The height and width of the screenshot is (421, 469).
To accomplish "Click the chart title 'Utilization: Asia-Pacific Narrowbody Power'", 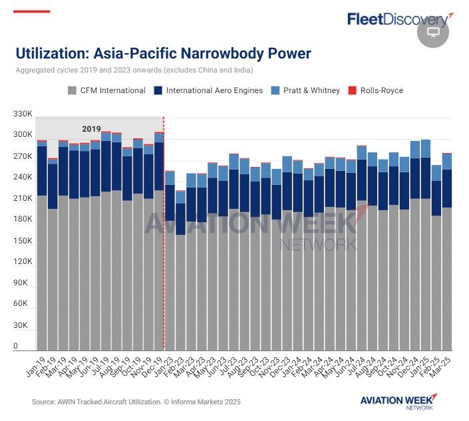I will [x=163, y=54].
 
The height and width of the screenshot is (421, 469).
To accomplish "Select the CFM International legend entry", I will [x=106, y=90].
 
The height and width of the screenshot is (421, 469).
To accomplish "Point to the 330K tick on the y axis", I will [x=23, y=114].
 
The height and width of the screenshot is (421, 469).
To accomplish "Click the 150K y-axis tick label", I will [x=23, y=241].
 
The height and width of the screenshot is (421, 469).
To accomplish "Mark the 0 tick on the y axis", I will [x=17, y=347].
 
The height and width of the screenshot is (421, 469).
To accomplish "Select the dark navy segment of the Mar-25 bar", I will [x=447, y=188].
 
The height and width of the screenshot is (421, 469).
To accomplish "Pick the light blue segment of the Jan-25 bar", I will [x=426, y=148].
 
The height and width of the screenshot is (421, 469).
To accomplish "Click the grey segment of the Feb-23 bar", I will [x=180, y=293].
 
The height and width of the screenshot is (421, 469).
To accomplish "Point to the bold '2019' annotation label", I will [x=91, y=129].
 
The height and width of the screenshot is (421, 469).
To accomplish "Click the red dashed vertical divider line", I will [x=164, y=233].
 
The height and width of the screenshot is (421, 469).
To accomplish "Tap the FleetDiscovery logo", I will [x=397, y=19].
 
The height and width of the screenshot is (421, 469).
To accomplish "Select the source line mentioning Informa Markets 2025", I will [x=136, y=402].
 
